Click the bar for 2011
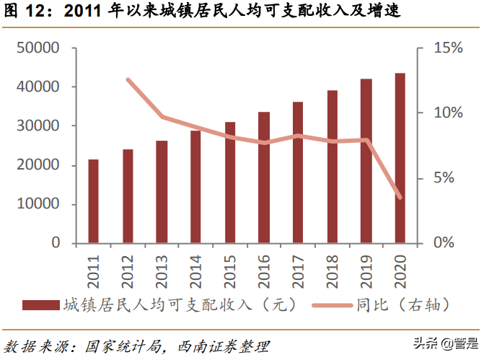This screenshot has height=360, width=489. [94, 201]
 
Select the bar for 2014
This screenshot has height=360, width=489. [195, 187]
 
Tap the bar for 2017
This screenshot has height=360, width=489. [298, 172]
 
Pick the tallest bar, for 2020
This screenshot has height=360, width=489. [400, 158]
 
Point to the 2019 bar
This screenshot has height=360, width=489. [366, 161]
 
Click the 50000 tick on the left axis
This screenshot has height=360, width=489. [38, 48]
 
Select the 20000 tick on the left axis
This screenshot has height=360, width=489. [38, 165]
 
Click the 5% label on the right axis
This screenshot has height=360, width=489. [444, 178]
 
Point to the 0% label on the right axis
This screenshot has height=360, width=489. [444, 243]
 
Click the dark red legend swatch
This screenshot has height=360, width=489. [40, 305]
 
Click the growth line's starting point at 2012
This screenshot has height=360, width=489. [128, 80]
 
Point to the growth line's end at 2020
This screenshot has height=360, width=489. [400, 197]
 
